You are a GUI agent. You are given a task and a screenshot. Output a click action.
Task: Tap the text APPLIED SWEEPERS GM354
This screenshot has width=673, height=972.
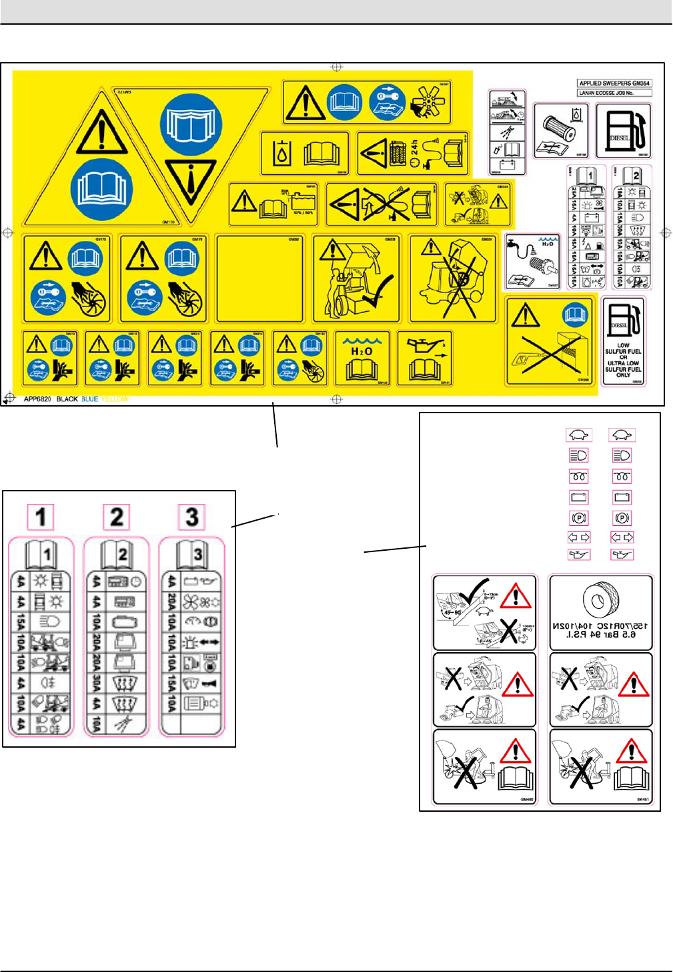click(x=614, y=83)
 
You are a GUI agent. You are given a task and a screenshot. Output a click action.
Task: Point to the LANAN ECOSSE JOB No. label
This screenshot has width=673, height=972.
click(x=606, y=93)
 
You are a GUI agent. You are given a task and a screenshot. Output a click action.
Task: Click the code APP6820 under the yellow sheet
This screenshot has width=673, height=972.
click(x=37, y=399)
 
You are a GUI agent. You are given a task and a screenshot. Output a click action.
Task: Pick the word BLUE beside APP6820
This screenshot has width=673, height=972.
click(x=89, y=399)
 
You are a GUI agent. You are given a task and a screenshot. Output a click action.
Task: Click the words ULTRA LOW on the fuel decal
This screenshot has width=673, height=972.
click(x=623, y=363)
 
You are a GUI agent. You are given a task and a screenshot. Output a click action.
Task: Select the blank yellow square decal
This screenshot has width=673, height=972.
click(x=260, y=278)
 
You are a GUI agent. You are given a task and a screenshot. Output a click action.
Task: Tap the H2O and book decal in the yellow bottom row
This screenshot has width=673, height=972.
click(x=362, y=359)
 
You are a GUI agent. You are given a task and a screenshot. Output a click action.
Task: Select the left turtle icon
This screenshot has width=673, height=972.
click(x=578, y=435)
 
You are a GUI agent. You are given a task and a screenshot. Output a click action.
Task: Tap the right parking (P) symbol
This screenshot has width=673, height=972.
click(x=622, y=518)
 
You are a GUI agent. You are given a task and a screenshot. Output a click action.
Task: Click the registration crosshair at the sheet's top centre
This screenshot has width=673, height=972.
click(x=337, y=67)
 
